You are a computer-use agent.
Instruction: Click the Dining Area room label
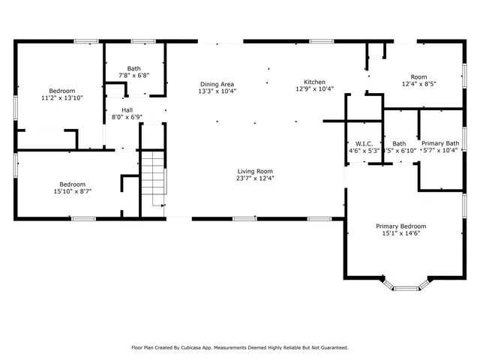(x=217, y=84)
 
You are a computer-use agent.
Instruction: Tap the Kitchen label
(x=314, y=82)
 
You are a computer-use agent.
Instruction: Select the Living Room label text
(x=255, y=170)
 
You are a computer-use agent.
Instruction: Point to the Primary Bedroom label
(x=400, y=226)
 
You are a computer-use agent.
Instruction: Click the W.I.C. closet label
(x=364, y=143)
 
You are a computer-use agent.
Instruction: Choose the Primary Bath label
(x=439, y=143)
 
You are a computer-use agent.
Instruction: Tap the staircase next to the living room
(x=153, y=176)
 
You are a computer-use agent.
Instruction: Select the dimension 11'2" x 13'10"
(x=61, y=98)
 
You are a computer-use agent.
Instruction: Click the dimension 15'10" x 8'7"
(x=73, y=192)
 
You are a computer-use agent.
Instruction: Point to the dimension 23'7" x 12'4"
(x=255, y=178)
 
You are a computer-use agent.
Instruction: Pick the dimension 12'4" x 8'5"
(x=418, y=84)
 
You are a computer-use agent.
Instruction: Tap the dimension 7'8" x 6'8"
(x=133, y=75)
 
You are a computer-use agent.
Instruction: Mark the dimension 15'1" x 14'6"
(x=400, y=234)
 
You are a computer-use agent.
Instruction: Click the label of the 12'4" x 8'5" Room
(x=418, y=76)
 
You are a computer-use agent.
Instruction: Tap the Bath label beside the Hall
(x=133, y=67)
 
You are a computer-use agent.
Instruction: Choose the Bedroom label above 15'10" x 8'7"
(x=73, y=184)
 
